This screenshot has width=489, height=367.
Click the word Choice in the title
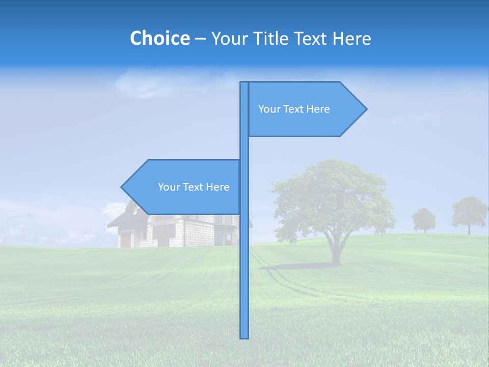point(159,38)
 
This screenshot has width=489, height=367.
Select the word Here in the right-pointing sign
point(318,109)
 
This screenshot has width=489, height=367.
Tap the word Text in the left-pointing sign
point(194,187)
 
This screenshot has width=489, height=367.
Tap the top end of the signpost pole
point(244,83)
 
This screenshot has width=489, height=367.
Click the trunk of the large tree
point(336,250)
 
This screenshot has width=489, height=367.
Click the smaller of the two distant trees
point(424,219)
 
